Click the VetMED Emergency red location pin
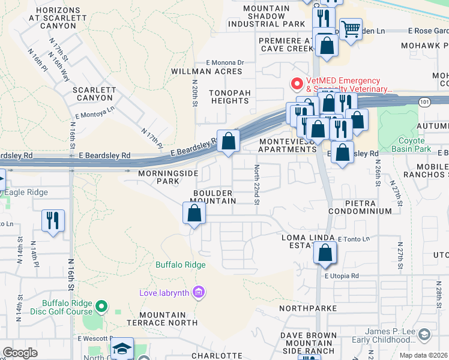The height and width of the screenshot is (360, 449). tap(296, 83)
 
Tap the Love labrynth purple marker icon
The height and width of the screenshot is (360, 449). tap(199, 293)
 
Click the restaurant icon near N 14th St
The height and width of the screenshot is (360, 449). tap(53, 220)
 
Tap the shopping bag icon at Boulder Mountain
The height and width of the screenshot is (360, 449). tap(194, 213)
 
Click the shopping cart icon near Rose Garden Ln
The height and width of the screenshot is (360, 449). tap(351, 28)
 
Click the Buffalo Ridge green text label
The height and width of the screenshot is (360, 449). tap(180, 265)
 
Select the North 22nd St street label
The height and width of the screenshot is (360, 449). tap(256, 185)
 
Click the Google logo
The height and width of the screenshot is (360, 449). tap(20, 353)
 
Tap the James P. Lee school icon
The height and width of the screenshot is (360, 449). tap(424, 334)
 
